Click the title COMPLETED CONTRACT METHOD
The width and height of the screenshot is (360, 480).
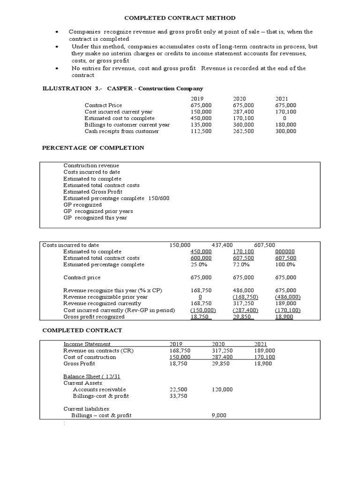pos(180,18)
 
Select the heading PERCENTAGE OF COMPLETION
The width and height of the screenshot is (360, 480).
pos(93,148)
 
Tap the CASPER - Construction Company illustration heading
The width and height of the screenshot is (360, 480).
pos(155,88)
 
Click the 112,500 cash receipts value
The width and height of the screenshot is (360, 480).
pos(201,131)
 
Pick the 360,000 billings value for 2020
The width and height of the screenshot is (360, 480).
pos(243,125)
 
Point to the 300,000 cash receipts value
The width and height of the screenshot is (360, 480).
pos(285,131)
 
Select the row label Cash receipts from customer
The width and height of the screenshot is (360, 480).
pos(121,131)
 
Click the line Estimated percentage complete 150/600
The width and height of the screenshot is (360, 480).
pos(116,198)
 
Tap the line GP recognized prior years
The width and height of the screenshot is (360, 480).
pos(98,211)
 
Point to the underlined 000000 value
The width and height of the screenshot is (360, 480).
pos(285,251)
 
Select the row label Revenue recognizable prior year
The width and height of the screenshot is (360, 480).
pos(105,297)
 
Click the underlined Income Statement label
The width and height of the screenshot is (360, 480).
pos(87,344)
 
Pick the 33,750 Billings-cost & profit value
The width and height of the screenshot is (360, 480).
pos(178,396)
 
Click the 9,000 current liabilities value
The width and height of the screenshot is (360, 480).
pos(219,415)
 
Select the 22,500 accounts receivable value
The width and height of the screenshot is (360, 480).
pos(178,389)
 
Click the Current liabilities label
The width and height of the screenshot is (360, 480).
pos(87,409)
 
